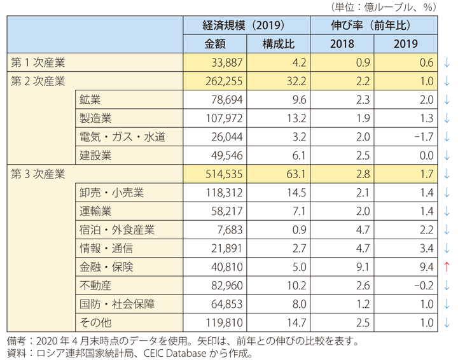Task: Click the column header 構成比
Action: pos(278,44)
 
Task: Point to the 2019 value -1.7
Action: pos(421,137)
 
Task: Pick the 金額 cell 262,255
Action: pos(223,81)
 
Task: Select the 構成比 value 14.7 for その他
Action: pos(295,322)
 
